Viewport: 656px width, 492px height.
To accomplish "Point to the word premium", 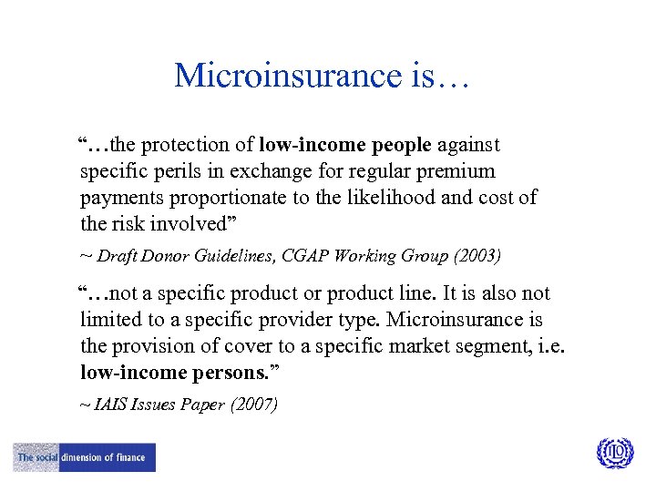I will (461, 171).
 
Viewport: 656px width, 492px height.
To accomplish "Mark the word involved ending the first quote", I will (190, 224).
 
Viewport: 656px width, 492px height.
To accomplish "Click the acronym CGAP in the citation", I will (314, 256).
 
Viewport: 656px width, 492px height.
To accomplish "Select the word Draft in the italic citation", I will (116, 256).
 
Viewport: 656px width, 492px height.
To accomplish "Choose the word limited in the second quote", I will (110, 320).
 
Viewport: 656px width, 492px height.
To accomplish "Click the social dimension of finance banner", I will (85, 456).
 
